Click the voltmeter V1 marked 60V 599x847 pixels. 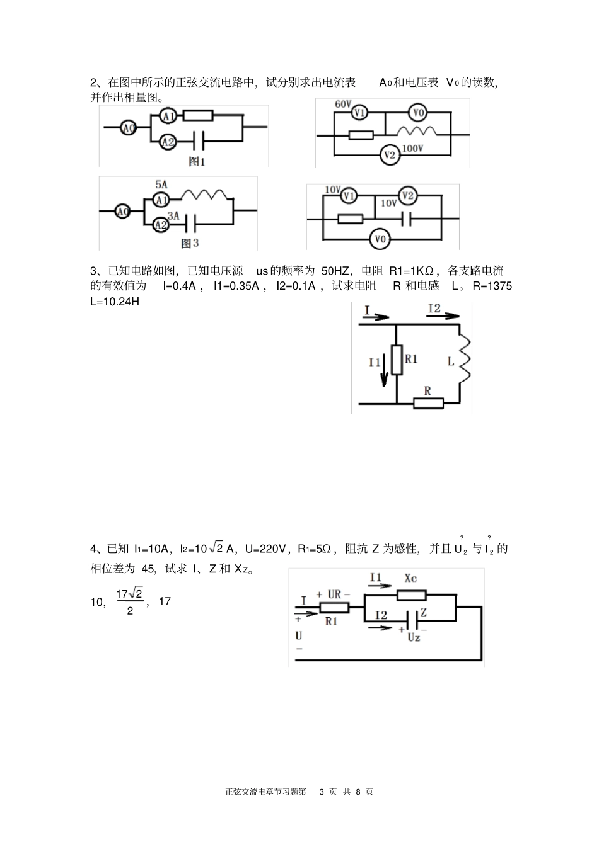(359, 113)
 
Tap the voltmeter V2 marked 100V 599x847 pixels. (390, 155)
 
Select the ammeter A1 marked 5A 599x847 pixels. (161, 200)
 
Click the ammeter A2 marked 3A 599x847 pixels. (161, 224)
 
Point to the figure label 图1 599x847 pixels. (197, 162)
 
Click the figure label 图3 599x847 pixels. (190, 243)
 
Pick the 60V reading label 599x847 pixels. (343, 103)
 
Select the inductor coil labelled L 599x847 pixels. (465, 359)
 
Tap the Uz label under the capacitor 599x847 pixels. (414, 638)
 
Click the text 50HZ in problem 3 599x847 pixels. (335, 271)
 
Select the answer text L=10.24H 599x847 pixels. (115, 301)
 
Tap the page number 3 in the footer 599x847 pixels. (322, 792)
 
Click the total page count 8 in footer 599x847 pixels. (358, 792)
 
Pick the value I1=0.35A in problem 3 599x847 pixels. (236, 286)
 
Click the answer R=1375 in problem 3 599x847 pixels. (492, 286)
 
